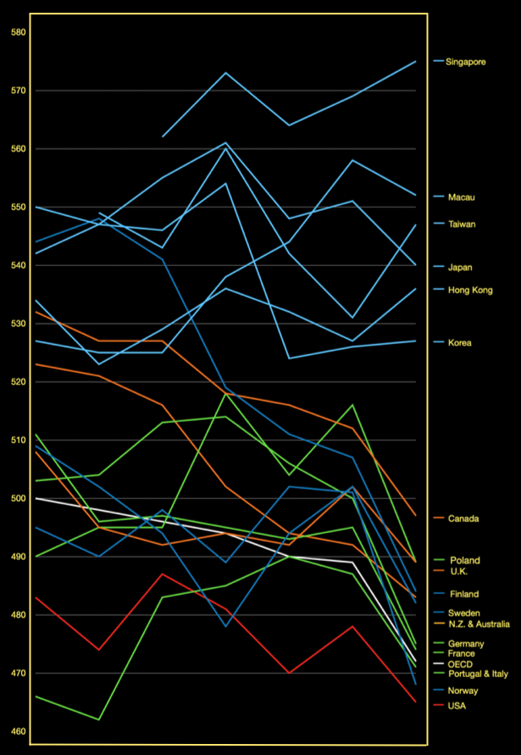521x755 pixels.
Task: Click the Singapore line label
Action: pyautogui.click(x=466, y=61)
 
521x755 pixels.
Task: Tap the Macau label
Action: pyautogui.click(x=461, y=197)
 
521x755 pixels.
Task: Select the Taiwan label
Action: pyautogui.click(x=462, y=225)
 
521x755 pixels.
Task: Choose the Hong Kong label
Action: pyautogui.click(x=468, y=291)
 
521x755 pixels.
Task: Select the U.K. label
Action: pyautogui.click(x=458, y=572)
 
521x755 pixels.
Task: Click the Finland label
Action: pyautogui.click(x=463, y=594)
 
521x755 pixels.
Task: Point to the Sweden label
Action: pyautogui.click(x=464, y=611)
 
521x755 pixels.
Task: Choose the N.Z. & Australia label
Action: pyautogui.click(x=478, y=625)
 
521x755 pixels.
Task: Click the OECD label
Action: pyautogui.click(x=460, y=663)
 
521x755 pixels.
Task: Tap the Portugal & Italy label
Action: pyautogui.click(x=477, y=675)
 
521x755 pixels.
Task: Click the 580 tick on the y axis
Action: pyautogui.click(x=19, y=33)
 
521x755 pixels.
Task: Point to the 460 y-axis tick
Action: pyautogui.click(x=19, y=731)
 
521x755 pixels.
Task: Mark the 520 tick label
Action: pyautogui.click(x=19, y=382)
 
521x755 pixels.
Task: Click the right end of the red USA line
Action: pyautogui.click(x=416, y=702)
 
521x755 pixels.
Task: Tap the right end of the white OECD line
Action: pyautogui.click(x=416, y=661)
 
